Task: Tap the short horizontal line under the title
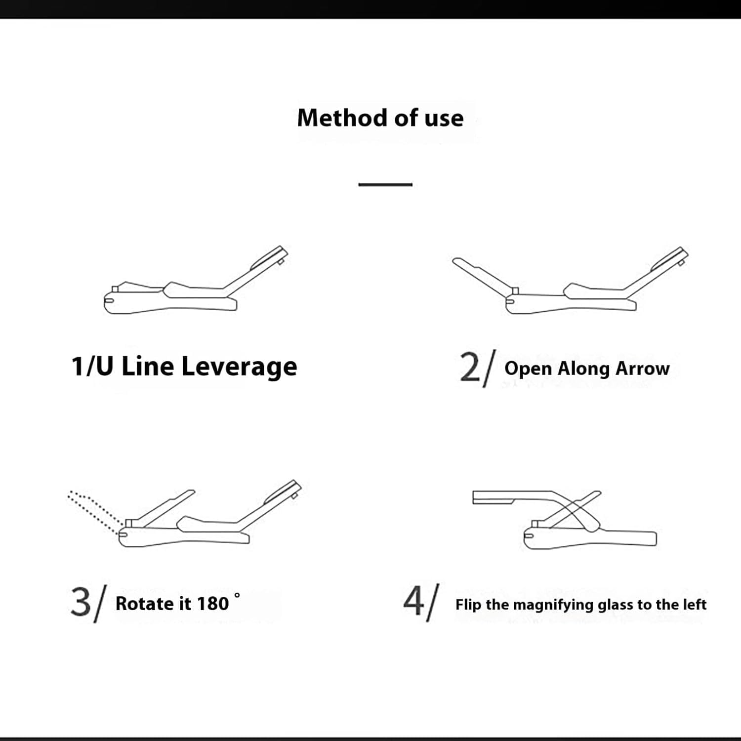pos(385,184)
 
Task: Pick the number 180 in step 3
pos(213,604)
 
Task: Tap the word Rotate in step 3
pos(145,604)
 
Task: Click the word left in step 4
pos(695,604)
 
